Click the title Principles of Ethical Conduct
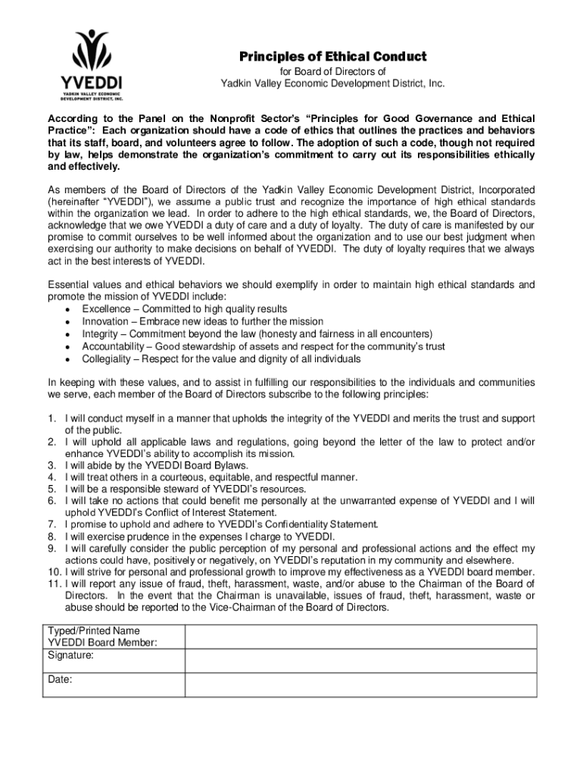323,58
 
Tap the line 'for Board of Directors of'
323,72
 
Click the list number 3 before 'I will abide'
51,465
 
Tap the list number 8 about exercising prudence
51,537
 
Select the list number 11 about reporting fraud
53,584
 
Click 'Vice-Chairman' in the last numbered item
253,608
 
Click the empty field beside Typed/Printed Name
361,637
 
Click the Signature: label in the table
71,655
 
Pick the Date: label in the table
60,680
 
